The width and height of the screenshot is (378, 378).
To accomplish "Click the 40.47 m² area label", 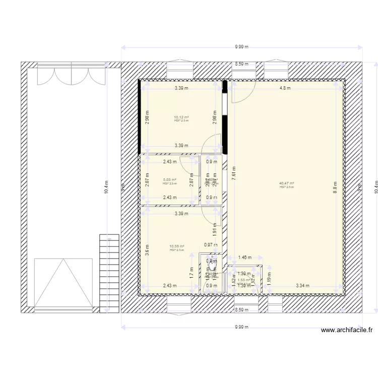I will pyautogui.click(x=287, y=183).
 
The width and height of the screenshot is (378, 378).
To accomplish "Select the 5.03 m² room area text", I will pyautogui.click(x=170, y=180).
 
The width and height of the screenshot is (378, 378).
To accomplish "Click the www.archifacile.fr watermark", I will pyautogui.click(x=346, y=331).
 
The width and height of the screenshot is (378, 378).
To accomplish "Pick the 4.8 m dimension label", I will pyautogui.click(x=286, y=88).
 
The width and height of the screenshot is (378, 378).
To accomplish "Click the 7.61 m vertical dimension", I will pyautogui.click(x=233, y=177).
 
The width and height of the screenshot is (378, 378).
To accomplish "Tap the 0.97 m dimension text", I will pyautogui.click(x=211, y=245).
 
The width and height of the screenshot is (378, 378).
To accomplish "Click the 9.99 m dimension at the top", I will pyautogui.click(x=241, y=47).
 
